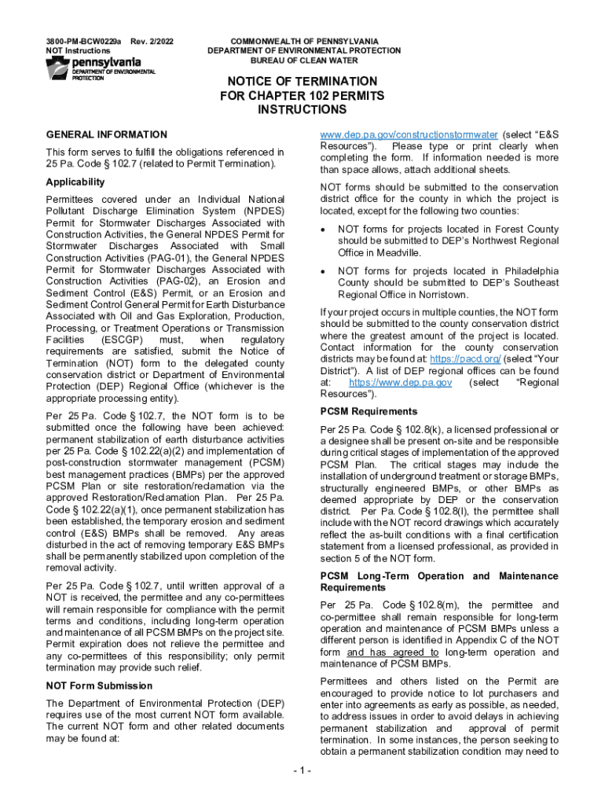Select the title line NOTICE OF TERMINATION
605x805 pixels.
[302, 82]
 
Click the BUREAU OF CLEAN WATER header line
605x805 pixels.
[304, 61]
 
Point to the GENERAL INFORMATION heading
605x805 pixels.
[106, 134]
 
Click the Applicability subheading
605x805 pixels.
[75, 182]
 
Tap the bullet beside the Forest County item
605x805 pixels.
[324, 230]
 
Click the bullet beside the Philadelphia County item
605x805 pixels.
[324, 270]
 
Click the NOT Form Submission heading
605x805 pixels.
[99, 686]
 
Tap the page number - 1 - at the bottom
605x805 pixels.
[302, 770]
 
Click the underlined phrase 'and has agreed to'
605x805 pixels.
[393, 652]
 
